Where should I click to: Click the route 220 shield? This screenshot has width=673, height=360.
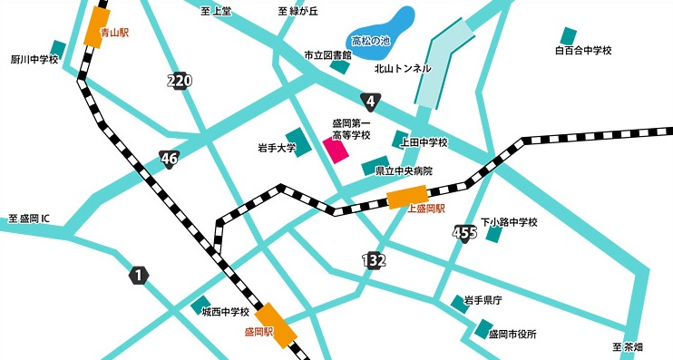click(x=180, y=82)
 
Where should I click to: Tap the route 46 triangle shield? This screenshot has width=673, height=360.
click(x=170, y=159)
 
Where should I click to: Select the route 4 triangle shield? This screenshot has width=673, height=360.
click(x=370, y=100)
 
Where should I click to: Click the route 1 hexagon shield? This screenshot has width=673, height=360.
click(x=138, y=275)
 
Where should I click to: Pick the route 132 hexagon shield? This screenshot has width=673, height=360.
click(x=374, y=261)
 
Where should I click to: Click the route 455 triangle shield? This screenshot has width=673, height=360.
click(x=464, y=233)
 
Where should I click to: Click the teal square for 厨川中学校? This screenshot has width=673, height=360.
click(x=58, y=47)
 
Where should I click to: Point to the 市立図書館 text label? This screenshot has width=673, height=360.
click(x=327, y=55)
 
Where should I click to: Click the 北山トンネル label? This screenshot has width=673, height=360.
click(x=405, y=68)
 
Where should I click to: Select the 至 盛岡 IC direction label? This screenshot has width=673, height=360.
click(x=34, y=219)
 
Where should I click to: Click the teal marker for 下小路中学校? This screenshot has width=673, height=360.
click(x=494, y=235)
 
